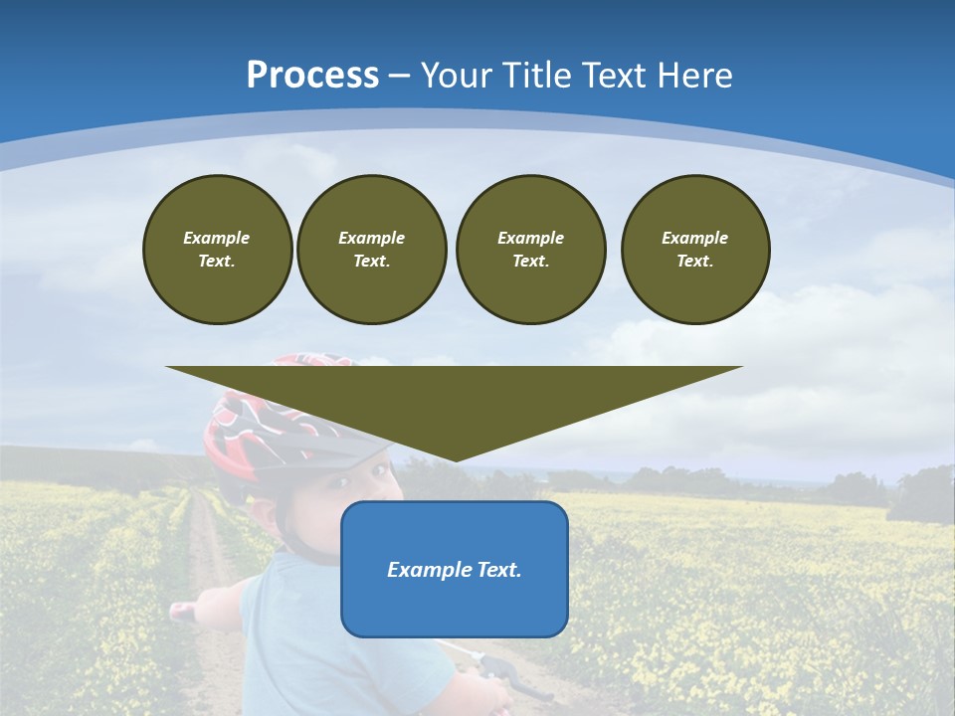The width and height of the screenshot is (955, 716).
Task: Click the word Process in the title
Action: (312, 76)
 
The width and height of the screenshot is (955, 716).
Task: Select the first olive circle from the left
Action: (217, 250)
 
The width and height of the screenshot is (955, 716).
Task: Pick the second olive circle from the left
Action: (371, 250)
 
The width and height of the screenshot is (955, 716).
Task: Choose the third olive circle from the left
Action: (530, 250)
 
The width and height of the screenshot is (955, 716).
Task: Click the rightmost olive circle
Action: (694, 250)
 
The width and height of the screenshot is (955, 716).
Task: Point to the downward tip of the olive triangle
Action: (456, 457)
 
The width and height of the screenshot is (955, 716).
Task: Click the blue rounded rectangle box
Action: (454, 607)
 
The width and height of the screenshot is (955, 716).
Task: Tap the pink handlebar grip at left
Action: (182, 612)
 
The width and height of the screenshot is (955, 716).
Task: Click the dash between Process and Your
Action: (399, 76)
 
